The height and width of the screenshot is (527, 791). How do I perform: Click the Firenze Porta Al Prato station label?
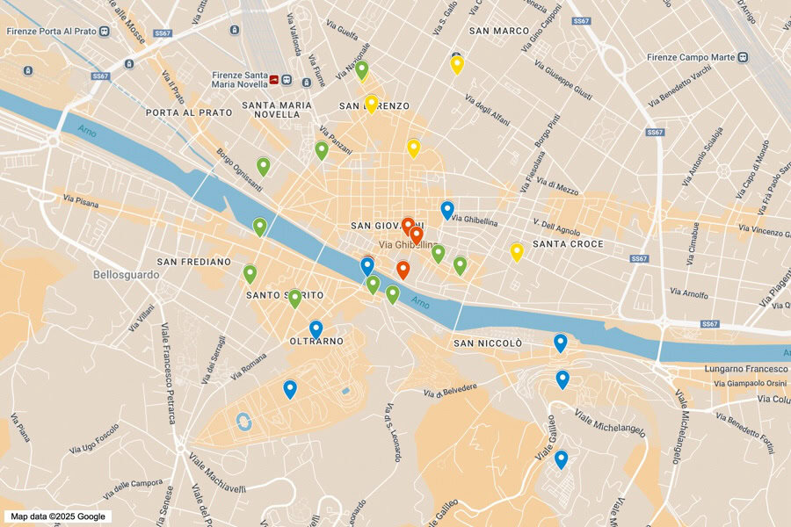pyautogui.click(x=51, y=32)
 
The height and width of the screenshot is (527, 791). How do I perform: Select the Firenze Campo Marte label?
pyautogui.click(x=690, y=57)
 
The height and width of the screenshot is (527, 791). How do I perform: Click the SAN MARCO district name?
pyautogui.click(x=498, y=31)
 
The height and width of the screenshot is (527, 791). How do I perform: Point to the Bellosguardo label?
pyautogui.click(x=127, y=274)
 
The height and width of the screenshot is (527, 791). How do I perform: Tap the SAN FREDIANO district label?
pyautogui.click(x=193, y=262)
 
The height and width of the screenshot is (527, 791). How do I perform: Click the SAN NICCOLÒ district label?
pyautogui.click(x=488, y=343)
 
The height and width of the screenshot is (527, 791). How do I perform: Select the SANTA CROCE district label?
pyautogui.click(x=568, y=243)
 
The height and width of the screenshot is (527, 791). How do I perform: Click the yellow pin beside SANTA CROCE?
pyautogui.click(x=517, y=252)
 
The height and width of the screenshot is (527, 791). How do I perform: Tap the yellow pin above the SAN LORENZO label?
pyautogui.click(x=372, y=103)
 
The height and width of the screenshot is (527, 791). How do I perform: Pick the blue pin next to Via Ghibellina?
pyautogui.click(x=447, y=209)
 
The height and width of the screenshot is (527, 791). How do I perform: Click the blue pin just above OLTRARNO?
pyautogui.click(x=316, y=328)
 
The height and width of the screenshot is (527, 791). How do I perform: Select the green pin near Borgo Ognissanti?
pyautogui.click(x=263, y=165)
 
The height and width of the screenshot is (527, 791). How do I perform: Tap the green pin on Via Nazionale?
pyautogui.click(x=361, y=69)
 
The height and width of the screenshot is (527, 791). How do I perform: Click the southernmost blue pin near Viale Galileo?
pyautogui.click(x=561, y=458)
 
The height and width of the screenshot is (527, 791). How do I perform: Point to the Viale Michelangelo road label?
pyautogui.click(x=610, y=422)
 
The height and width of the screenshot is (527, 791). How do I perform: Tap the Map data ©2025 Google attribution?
pyautogui.click(x=58, y=516)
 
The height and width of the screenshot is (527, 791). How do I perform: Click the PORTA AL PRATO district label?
pyautogui.click(x=189, y=112)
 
